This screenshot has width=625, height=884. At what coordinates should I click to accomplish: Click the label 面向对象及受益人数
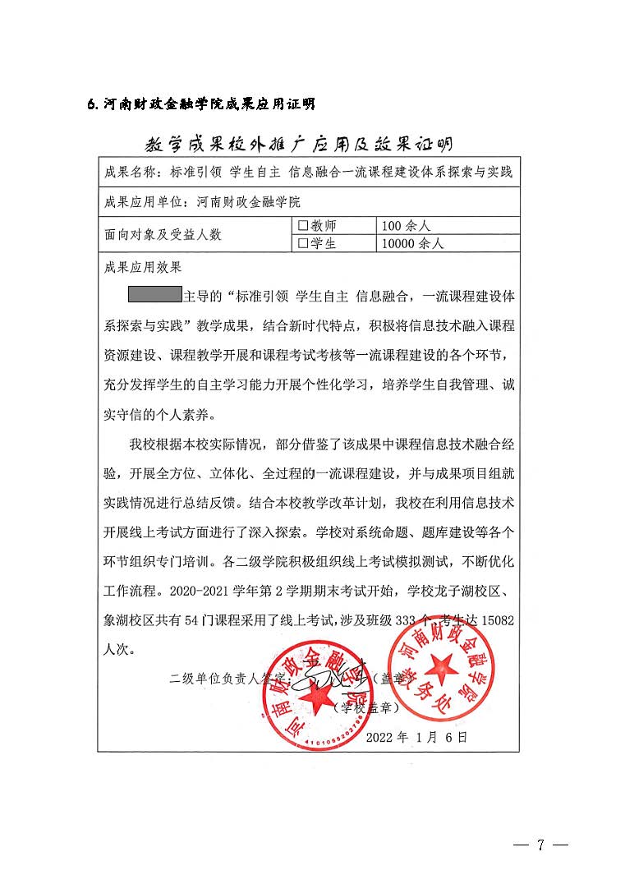163,234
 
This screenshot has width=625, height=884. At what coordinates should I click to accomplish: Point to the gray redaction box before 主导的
154,294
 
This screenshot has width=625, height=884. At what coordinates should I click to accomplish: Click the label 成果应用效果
142,267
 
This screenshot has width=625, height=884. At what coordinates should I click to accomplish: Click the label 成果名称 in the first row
130,173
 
